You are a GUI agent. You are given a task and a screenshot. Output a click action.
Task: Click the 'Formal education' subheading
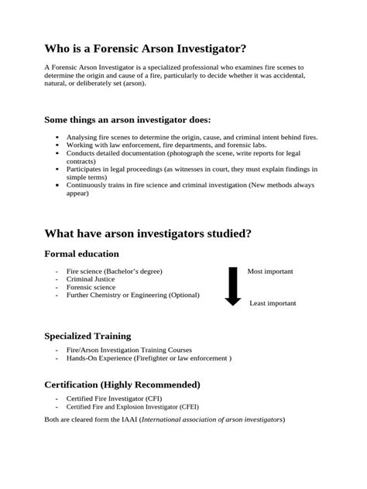click(82, 254)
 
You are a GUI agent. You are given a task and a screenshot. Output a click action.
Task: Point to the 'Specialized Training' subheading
click(87, 337)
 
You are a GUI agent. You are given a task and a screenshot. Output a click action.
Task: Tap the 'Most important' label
click(270, 272)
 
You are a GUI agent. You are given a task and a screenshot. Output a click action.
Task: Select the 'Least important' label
click(273, 303)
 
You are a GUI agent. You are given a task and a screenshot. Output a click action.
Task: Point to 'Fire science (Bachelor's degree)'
click(115, 272)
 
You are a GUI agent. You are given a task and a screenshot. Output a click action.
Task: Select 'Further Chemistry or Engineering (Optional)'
click(132, 295)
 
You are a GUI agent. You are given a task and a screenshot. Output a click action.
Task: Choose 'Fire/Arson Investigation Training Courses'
click(130, 351)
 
